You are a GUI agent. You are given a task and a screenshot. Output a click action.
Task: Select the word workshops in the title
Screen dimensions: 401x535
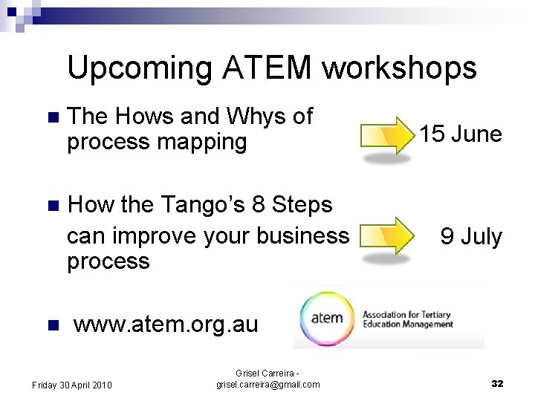click(x=399, y=68)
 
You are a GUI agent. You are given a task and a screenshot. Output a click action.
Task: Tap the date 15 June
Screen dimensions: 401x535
click(x=460, y=134)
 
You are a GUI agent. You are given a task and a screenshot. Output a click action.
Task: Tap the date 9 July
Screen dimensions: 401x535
click(x=471, y=237)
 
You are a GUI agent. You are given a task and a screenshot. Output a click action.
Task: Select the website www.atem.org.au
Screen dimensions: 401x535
click(x=166, y=325)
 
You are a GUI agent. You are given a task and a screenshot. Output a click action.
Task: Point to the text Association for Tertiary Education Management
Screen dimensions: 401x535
click(x=406, y=319)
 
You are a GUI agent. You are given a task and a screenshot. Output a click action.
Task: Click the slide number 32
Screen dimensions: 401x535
click(x=497, y=383)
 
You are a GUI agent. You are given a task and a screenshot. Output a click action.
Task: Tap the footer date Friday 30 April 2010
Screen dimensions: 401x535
click(x=72, y=385)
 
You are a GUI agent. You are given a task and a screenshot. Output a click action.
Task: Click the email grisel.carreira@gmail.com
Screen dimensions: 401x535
click(x=267, y=384)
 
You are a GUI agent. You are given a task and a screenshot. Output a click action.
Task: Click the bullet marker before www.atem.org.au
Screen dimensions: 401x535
click(x=51, y=325)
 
